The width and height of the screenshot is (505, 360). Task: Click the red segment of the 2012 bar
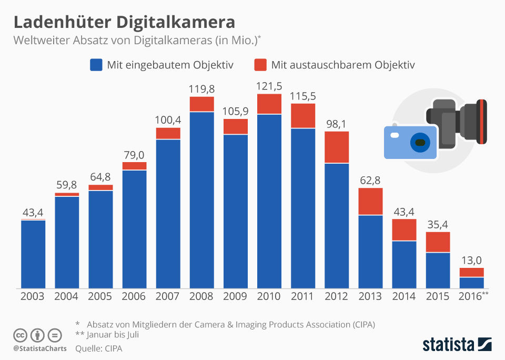click(337, 147)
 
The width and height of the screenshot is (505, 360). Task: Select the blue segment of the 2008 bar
click(201, 200)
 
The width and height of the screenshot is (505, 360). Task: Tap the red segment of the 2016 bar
click(471, 272)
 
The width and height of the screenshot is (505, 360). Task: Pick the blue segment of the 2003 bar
click(33, 254)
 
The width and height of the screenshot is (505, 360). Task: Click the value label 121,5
click(269, 85)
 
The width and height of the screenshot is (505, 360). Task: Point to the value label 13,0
click(471, 259)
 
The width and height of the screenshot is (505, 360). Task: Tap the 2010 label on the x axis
click(269, 296)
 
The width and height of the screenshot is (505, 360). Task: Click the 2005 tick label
click(100, 296)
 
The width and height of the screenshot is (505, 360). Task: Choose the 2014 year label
click(404, 296)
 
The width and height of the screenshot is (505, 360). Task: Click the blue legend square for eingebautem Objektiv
click(96, 65)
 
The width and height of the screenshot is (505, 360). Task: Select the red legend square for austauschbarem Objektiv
click(260, 65)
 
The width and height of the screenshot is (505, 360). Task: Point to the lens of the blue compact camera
click(419, 143)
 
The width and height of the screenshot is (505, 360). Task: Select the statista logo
click(457, 345)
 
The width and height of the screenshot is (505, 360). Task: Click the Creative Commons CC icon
click(21, 335)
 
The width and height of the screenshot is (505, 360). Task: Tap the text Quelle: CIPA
click(98, 348)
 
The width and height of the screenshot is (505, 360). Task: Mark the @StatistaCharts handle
click(40, 348)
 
